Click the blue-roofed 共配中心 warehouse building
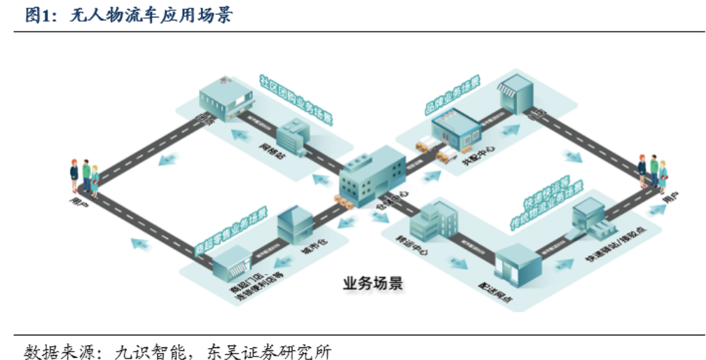coord(455,129)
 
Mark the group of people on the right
coord(652,172)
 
